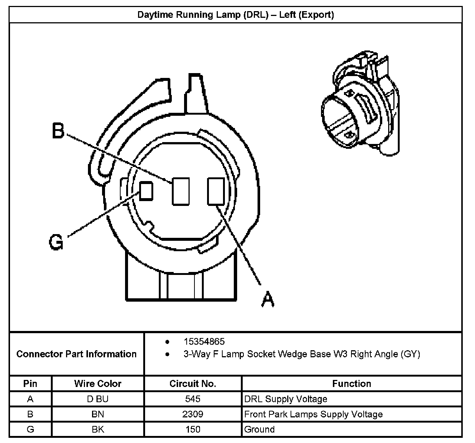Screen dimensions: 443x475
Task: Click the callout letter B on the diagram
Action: pos(58,131)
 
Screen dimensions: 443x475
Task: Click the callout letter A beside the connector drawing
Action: pos(268,299)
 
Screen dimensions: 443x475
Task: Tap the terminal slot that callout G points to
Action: pos(146,191)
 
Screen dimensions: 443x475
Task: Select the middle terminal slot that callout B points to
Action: pos(181,191)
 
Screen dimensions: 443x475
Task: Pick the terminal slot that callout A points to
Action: pos(216,191)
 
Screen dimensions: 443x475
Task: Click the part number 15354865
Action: pos(204,341)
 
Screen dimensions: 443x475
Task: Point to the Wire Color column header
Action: pos(98,384)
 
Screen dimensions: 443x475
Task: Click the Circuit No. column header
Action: pos(193,384)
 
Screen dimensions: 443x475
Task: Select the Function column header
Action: pos(351,384)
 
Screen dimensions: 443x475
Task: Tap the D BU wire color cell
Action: pos(98,399)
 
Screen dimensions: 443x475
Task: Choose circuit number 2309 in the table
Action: pos(193,414)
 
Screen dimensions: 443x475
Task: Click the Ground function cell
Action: pos(259,430)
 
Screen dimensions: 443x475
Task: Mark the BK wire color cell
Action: pos(98,430)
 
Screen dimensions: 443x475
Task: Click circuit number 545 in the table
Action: pos(193,399)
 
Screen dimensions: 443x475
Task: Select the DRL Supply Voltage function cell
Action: pos(286,399)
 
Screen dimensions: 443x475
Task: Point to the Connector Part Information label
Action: pos(76,354)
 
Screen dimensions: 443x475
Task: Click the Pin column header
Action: pos(30,384)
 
